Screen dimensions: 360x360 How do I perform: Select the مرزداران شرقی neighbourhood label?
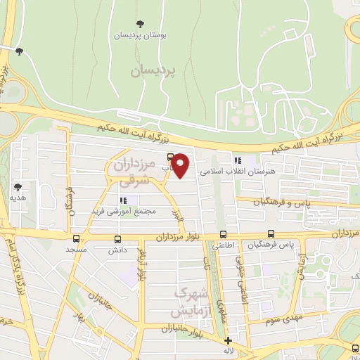[x=133, y=172]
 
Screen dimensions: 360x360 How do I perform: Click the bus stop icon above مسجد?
[x=75, y=238]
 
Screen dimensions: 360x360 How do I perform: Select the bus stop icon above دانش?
[x=117, y=239]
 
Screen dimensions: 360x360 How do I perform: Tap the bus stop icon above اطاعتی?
[x=223, y=235]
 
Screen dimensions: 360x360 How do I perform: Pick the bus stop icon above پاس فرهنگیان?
[x=271, y=234]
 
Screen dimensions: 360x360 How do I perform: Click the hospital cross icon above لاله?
[x=228, y=340]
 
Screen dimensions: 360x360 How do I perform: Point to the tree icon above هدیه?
[x=18, y=187]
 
